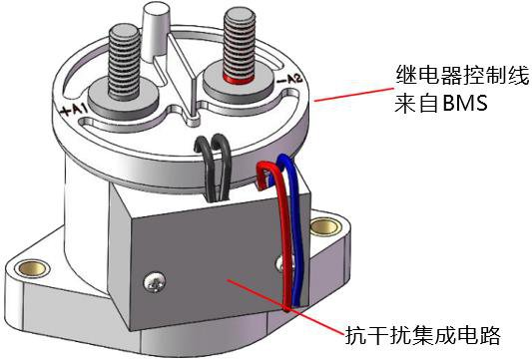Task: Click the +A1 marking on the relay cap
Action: pyautogui.click(x=73, y=110)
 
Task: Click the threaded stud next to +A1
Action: pyautogui.click(x=124, y=63)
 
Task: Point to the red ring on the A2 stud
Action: pyautogui.click(x=239, y=80)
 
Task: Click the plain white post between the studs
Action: pyautogui.click(x=156, y=32)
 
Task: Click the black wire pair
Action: pyautogui.click(x=215, y=167)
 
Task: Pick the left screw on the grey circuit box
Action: pyautogui.click(x=155, y=282)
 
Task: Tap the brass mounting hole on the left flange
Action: pyautogui.click(x=33, y=268)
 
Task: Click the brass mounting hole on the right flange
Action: pyautogui.click(x=326, y=226)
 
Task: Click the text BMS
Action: pyautogui.click(x=465, y=103)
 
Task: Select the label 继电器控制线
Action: pyautogui.click(x=462, y=75)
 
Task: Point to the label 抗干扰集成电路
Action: pyautogui.click(x=423, y=336)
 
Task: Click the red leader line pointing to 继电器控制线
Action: pyautogui.click(x=354, y=95)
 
